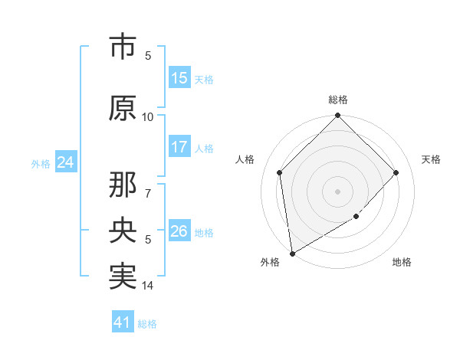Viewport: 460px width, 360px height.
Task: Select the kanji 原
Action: (123, 108)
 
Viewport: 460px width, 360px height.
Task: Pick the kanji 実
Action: (123, 276)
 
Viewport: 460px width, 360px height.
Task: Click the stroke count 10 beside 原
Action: (148, 117)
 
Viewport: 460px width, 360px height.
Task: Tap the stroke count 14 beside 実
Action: (148, 286)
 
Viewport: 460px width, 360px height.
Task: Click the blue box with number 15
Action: (179, 78)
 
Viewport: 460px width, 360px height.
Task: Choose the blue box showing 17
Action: (179, 147)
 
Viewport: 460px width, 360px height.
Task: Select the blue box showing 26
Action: (179, 231)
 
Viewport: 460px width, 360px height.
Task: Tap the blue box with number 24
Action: (66, 162)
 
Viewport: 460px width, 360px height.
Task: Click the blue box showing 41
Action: (123, 322)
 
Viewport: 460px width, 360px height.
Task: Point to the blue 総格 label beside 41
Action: (147, 324)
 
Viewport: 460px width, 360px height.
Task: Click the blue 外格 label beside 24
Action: (41, 164)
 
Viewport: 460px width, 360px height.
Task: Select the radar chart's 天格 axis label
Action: (432, 159)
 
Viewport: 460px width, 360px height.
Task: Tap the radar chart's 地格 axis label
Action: (402, 263)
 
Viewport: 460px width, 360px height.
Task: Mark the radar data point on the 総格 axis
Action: (338, 116)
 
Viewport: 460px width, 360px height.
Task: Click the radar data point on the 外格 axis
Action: (292, 254)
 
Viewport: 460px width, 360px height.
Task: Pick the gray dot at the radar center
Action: (338, 191)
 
